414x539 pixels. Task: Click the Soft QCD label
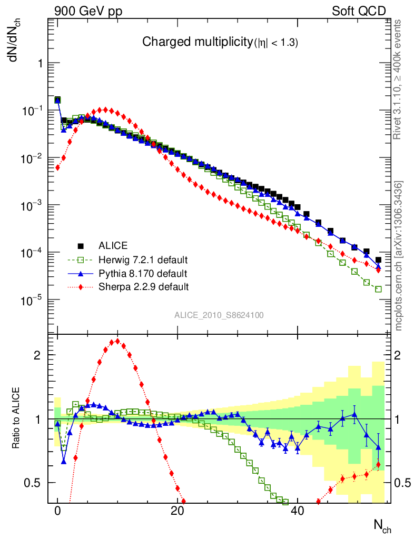coord(359,11)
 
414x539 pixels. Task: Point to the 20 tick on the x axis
coord(178,511)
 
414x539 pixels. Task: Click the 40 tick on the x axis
coord(298,511)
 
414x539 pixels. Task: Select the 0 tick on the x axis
coord(58,511)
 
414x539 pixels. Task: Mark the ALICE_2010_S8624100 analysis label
coord(219,315)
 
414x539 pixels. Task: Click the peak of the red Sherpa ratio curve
coord(117,341)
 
